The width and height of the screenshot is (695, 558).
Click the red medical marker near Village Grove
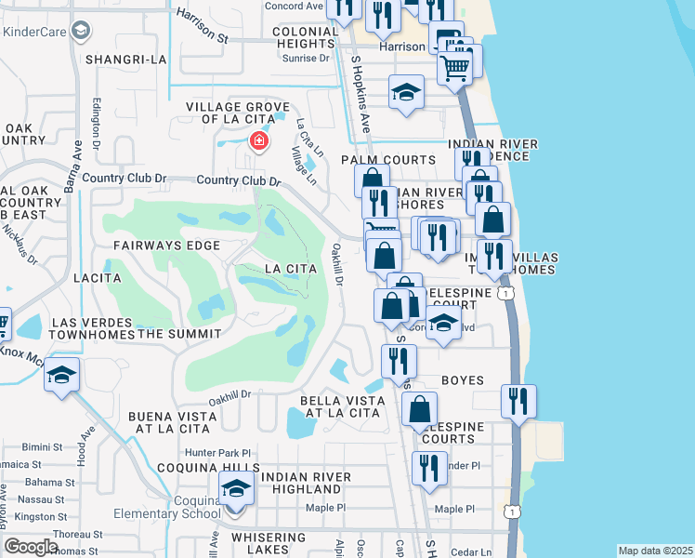point(258,141)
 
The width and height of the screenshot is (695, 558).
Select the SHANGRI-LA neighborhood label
point(125,59)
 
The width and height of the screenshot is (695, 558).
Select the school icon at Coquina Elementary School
point(236,488)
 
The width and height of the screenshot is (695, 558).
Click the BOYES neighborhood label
point(462,379)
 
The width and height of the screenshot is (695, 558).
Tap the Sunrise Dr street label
point(312,58)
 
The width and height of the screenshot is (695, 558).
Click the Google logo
point(31,547)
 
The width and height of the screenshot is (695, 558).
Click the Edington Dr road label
point(96,121)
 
